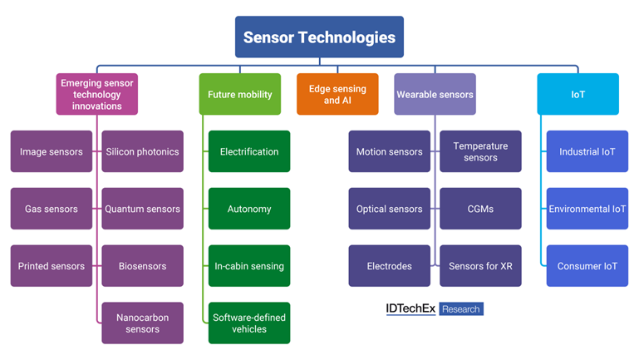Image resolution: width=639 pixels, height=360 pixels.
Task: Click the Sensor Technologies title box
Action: pos(319,37)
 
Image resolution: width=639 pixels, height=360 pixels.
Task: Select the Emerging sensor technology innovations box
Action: pos(97,94)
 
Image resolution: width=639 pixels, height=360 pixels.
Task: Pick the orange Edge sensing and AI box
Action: pos(337,94)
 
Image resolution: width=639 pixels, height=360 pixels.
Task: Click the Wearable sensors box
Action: pos(434,94)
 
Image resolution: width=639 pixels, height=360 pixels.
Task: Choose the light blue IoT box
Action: pos(578,94)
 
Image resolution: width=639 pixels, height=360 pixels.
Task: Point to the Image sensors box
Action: pos(52,151)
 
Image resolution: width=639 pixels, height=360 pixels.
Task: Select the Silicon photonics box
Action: pos(142,151)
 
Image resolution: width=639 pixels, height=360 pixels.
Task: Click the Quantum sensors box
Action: pos(142,209)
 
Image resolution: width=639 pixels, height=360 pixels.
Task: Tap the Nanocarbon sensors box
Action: pos(142,323)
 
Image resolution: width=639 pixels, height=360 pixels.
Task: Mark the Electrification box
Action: pos(249,151)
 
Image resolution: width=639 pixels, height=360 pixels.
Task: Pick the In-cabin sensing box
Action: pos(249,266)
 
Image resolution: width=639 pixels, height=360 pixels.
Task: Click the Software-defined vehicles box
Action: pos(249,323)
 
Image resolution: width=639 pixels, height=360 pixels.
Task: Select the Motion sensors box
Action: pos(389,151)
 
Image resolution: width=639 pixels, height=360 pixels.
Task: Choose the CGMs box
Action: pos(480,209)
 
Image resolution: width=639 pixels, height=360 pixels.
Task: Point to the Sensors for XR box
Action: pos(480,266)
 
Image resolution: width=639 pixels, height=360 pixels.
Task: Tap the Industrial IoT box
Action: pos(587,151)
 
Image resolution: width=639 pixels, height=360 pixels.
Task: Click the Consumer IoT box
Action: pos(587,266)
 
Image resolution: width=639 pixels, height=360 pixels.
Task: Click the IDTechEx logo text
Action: pos(410,308)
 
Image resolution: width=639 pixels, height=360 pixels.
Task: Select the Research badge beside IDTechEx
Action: pos(460,309)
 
